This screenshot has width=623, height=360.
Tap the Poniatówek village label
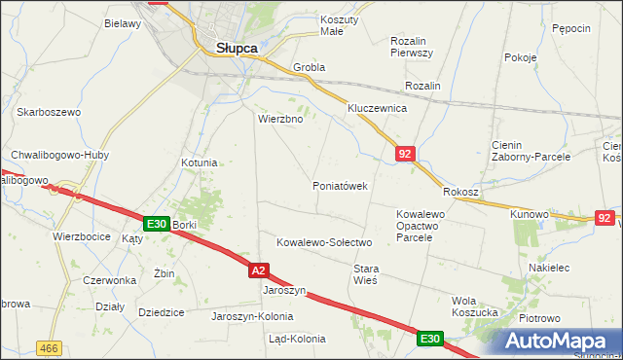340,186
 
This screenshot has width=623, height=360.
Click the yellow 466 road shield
48,347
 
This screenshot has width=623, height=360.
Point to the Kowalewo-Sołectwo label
325,241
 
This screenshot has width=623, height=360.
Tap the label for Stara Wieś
365,273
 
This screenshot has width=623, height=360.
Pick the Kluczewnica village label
377,108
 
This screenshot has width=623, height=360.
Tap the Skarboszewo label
48,112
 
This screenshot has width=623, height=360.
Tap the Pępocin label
571,28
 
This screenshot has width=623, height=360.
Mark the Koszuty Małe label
340,25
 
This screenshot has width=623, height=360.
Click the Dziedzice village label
162,313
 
